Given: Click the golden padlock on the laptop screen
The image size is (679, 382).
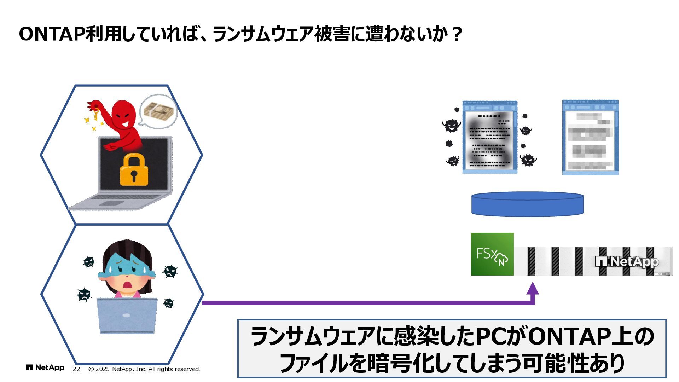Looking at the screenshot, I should [134, 170].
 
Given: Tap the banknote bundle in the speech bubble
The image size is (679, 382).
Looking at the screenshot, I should [159, 111].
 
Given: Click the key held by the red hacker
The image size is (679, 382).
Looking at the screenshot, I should [95, 113].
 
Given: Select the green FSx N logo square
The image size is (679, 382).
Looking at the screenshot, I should [492, 254].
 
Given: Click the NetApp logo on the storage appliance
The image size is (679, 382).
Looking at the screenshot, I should [627, 262].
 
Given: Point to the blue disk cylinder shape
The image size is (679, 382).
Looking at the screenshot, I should [527, 204].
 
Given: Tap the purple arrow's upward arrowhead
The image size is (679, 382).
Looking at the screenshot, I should [533, 289].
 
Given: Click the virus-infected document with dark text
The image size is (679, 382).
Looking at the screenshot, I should [490, 137].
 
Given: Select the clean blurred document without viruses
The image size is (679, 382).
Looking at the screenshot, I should [590, 138].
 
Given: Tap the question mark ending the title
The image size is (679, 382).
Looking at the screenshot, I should [457, 34].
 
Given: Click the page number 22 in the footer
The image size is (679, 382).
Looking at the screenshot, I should [76, 369].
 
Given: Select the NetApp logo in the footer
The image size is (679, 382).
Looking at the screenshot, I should [45, 368].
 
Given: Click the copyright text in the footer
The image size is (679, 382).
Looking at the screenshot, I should [144, 369].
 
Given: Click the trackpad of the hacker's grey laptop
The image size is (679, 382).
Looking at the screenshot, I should [111, 203].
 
